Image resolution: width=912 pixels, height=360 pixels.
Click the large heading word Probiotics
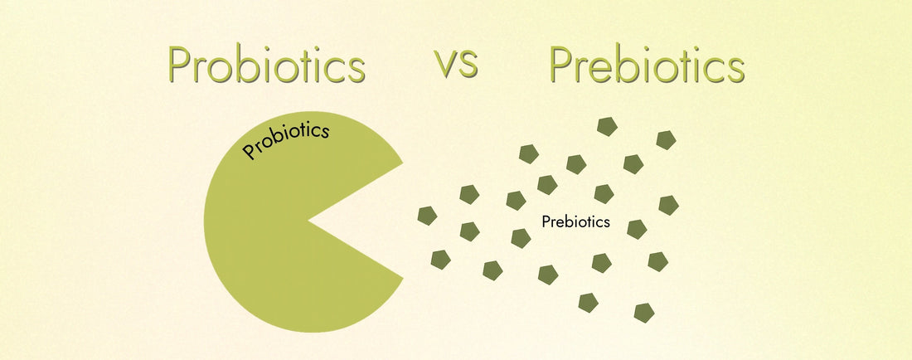pyautogui.click(x=266, y=66)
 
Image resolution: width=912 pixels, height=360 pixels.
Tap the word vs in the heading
pyautogui.click(x=456, y=64)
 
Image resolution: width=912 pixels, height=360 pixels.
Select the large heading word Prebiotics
pyautogui.click(x=647, y=66)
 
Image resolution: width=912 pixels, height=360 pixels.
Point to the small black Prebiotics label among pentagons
pyautogui.click(x=575, y=222)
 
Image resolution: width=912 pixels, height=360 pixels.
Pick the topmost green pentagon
pyautogui.click(x=608, y=127)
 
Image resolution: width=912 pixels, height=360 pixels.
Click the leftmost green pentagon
pyautogui.click(x=427, y=216)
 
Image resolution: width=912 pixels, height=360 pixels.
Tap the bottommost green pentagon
pyautogui.click(x=644, y=313)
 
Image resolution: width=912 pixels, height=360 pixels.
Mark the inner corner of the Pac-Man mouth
pyautogui.click(x=309, y=221)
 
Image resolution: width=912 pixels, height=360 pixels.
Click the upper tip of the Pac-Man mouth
pyautogui.click(x=403, y=162)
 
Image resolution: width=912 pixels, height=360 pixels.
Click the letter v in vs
pyautogui.click(x=445, y=66)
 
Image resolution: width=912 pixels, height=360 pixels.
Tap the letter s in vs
pyautogui.click(x=468, y=66)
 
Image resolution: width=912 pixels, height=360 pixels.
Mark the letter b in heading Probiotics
pyautogui.click(x=248, y=65)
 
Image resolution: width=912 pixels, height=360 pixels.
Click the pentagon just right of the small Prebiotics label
pyautogui.click(x=637, y=229)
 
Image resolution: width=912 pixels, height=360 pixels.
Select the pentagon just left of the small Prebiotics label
pyautogui.click(x=521, y=238)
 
